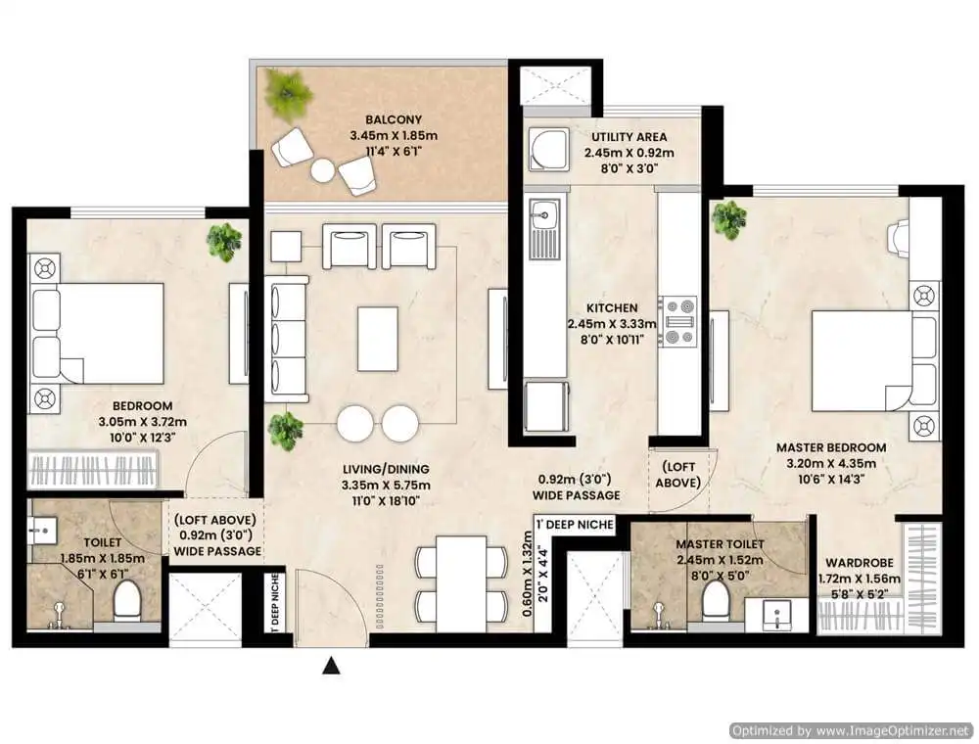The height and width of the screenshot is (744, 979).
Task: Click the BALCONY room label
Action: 394,119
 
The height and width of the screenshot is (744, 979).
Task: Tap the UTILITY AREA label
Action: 629,137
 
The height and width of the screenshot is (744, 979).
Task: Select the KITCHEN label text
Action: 612,308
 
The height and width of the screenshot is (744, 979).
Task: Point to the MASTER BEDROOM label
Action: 831,447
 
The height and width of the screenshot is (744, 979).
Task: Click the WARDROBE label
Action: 860,563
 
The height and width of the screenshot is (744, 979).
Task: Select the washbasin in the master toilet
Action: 776,614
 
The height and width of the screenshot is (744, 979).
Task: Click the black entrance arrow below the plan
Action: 331,667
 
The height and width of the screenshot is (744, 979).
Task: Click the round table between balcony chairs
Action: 323,170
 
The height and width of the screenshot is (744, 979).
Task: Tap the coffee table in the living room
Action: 378,339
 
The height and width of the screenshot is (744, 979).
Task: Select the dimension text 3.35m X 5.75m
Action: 385,485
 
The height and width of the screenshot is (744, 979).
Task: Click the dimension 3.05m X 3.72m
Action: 142,422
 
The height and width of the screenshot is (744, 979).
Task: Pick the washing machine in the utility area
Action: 548,149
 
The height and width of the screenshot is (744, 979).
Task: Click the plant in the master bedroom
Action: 729,219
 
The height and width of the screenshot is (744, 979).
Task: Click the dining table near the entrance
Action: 461,583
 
